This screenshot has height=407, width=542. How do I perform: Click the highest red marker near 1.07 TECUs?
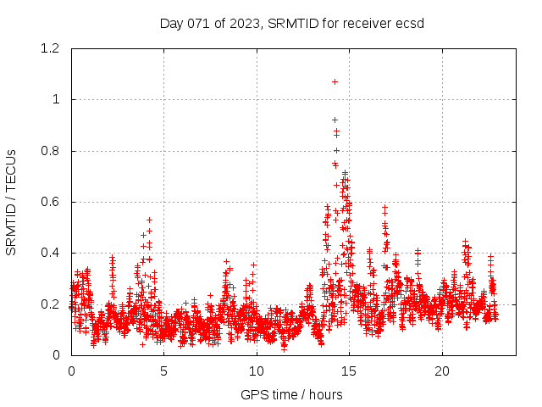tap(335, 81)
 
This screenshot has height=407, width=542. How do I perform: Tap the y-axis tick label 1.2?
tap(53, 48)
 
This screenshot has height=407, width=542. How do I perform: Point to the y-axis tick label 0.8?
tap(53, 151)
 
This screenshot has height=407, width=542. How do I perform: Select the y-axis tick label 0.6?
tap(53, 202)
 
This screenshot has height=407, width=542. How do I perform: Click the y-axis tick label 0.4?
tap(53, 253)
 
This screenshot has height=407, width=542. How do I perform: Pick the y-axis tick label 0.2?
tap(53, 304)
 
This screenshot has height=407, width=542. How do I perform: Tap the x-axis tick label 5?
tap(164, 371)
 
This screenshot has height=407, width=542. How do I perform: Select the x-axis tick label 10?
tap(257, 371)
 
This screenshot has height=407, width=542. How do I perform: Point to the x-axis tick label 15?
tap(349, 371)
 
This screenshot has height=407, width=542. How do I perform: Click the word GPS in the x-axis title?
tap(252, 394)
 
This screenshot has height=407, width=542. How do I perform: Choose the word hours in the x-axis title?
tap(325, 394)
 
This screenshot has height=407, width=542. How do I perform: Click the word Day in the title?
tap(172, 23)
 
